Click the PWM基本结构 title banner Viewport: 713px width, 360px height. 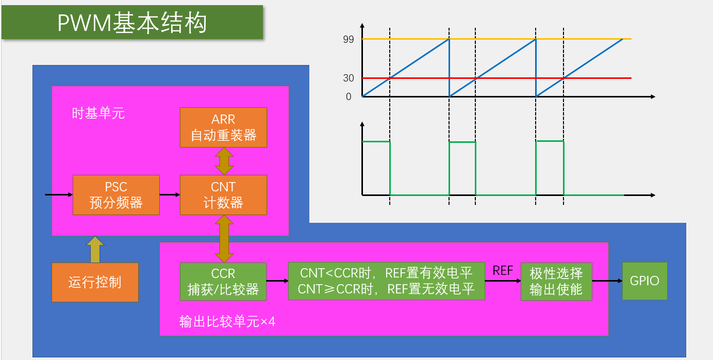click(132, 23)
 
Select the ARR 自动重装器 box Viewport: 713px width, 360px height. click(223, 127)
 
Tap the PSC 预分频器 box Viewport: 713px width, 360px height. click(116, 195)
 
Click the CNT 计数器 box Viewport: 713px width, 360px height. click(223, 195)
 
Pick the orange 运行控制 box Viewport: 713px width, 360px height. click(95, 282)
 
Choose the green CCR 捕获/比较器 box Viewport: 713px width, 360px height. click(223, 282)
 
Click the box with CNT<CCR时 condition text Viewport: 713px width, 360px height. click(387, 281)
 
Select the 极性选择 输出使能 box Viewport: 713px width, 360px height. click(556, 281)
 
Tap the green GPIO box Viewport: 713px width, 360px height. click(644, 281)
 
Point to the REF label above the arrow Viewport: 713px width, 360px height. click(503, 270)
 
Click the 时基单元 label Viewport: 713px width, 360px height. click(98, 113)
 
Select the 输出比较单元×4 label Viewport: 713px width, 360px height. click(227, 322)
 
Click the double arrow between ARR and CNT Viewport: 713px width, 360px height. click(224, 161)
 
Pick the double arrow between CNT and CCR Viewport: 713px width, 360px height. click(224, 239)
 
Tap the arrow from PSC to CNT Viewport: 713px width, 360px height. click(170, 195)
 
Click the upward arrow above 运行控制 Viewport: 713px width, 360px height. click(95, 250)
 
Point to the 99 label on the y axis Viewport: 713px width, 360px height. click(349, 39)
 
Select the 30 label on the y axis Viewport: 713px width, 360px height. click(349, 78)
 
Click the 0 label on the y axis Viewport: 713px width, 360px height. click(349, 96)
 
